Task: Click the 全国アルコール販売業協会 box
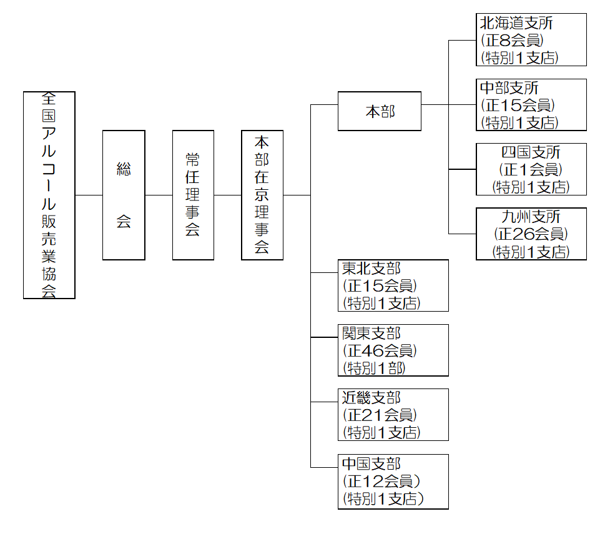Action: click(x=49, y=195)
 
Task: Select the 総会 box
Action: click(x=124, y=195)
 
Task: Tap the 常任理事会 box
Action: click(x=193, y=195)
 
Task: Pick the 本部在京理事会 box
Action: click(x=262, y=195)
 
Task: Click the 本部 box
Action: click(x=380, y=111)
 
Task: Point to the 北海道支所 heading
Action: click(x=516, y=24)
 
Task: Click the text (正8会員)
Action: click(x=512, y=41)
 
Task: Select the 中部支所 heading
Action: click(x=509, y=88)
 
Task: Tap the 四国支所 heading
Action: click(x=531, y=152)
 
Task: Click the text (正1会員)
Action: click(x=531, y=169)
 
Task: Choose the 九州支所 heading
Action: click(x=531, y=217)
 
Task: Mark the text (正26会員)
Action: click(x=531, y=234)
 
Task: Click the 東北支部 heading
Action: click(x=371, y=269)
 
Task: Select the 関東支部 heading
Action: click(x=371, y=333)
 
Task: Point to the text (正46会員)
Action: click(x=380, y=350)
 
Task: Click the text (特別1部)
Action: click(x=374, y=367)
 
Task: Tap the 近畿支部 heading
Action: click(x=371, y=397)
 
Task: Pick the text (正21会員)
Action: click(x=380, y=415)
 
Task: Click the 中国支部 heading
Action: click(x=371, y=463)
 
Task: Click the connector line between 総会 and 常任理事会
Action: click(x=159, y=195)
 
